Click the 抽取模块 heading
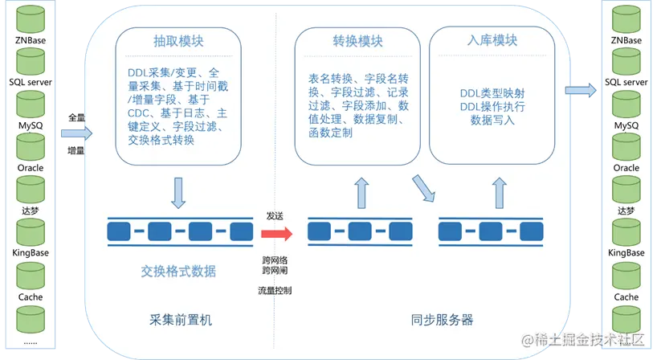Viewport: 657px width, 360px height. click(171, 42)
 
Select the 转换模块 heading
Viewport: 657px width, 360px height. click(357, 41)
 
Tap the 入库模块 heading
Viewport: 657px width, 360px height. click(492, 40)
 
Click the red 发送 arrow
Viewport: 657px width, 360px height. click(275, 233)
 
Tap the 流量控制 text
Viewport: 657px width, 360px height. click(275, 289)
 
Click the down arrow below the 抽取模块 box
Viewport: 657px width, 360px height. click(179, 192)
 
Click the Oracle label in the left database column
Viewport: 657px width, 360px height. click(31, 168)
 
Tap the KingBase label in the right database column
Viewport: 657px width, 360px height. click(626, 253)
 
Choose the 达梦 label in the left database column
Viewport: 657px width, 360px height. click(31, 211)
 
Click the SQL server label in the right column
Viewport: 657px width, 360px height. click(626, 82)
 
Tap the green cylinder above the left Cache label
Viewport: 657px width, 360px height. click(31, 276)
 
